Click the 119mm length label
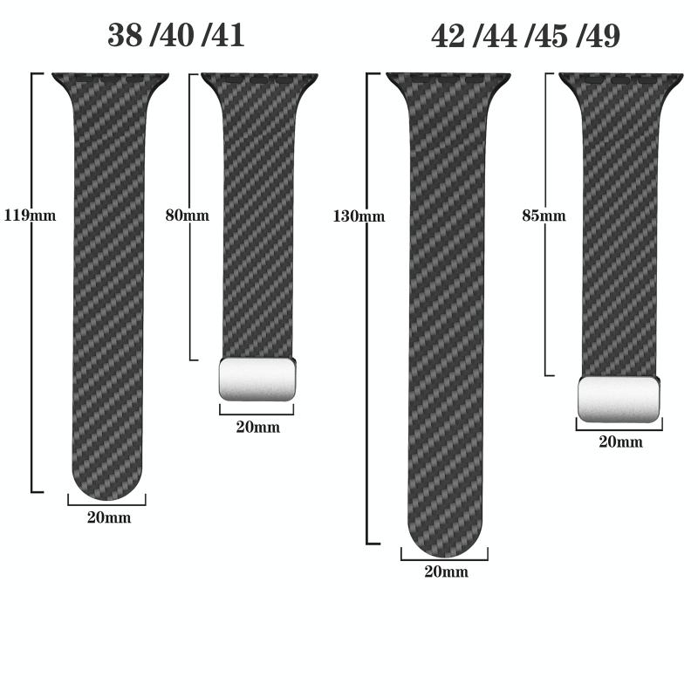pos(30,216)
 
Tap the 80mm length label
pos(188,216)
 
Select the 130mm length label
pos(359,216)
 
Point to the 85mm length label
pos(544,216)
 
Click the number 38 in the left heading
pos(126,35)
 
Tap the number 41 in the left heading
pos(228,35)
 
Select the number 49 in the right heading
pos(603,36)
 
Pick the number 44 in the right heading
pos(500,36)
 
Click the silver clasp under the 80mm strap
pos(257,379)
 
